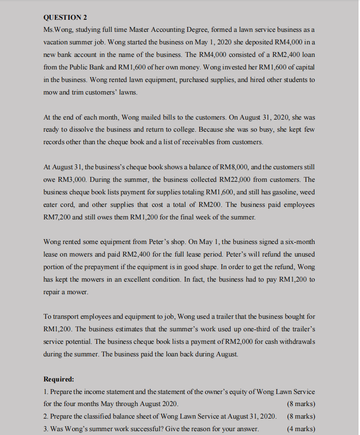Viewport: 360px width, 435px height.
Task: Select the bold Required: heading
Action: [59, 379]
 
